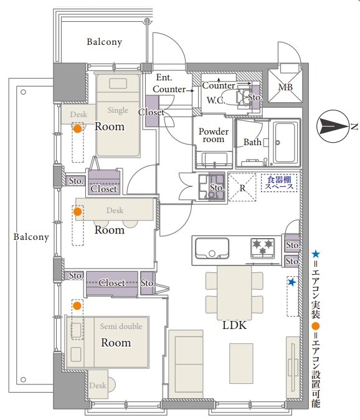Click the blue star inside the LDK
click(292, 282)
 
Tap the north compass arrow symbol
click(333, 126)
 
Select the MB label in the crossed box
click(285, 87)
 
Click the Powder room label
click(214, 135)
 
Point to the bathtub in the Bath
click(285, 142)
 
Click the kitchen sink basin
click(212, 248)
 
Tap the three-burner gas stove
click(263, 248)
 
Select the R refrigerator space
click(242, 187)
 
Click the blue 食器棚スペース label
click(279, 183)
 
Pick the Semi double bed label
click(121, 327)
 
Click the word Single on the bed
click(118, 110)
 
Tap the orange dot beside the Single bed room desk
click(78, 128)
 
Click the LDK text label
click(234, 325)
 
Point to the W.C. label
click(216, 100)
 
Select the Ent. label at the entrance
click(164, 77)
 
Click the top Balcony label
click(105, 42)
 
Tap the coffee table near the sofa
click(241, 363)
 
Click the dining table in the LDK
click(234, 293)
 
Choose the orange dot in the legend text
click(316, 326)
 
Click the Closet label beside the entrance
click(151, 112)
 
